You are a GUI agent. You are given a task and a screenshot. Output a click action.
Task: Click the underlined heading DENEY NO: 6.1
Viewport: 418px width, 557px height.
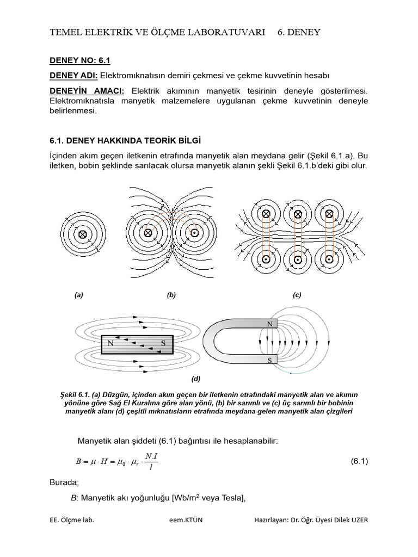pos(80,60)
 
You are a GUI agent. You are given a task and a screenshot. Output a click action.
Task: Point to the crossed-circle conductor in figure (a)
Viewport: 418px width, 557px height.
pos(83,234)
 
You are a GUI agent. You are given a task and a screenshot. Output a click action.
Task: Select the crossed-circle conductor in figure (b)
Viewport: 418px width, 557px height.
pos(147,233)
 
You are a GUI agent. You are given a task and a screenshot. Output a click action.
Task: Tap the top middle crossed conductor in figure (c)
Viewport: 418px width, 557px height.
pos(298,214)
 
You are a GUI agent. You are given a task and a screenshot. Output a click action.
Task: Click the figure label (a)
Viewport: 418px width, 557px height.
pos(79,295)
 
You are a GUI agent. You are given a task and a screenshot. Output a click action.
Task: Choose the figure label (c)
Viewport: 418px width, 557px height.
pos(297,295)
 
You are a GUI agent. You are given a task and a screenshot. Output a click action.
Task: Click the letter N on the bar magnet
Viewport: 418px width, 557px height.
pos(110,343)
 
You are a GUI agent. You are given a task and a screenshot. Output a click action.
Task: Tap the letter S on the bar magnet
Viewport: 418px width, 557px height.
pos(163,343)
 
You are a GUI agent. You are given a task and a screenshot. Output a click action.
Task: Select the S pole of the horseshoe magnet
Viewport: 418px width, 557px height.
pos(268,360)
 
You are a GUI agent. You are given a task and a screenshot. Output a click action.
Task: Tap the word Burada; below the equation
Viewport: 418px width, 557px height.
pos(64,482)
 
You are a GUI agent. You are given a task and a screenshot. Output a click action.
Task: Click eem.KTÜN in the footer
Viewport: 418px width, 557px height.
pos(185,520)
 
